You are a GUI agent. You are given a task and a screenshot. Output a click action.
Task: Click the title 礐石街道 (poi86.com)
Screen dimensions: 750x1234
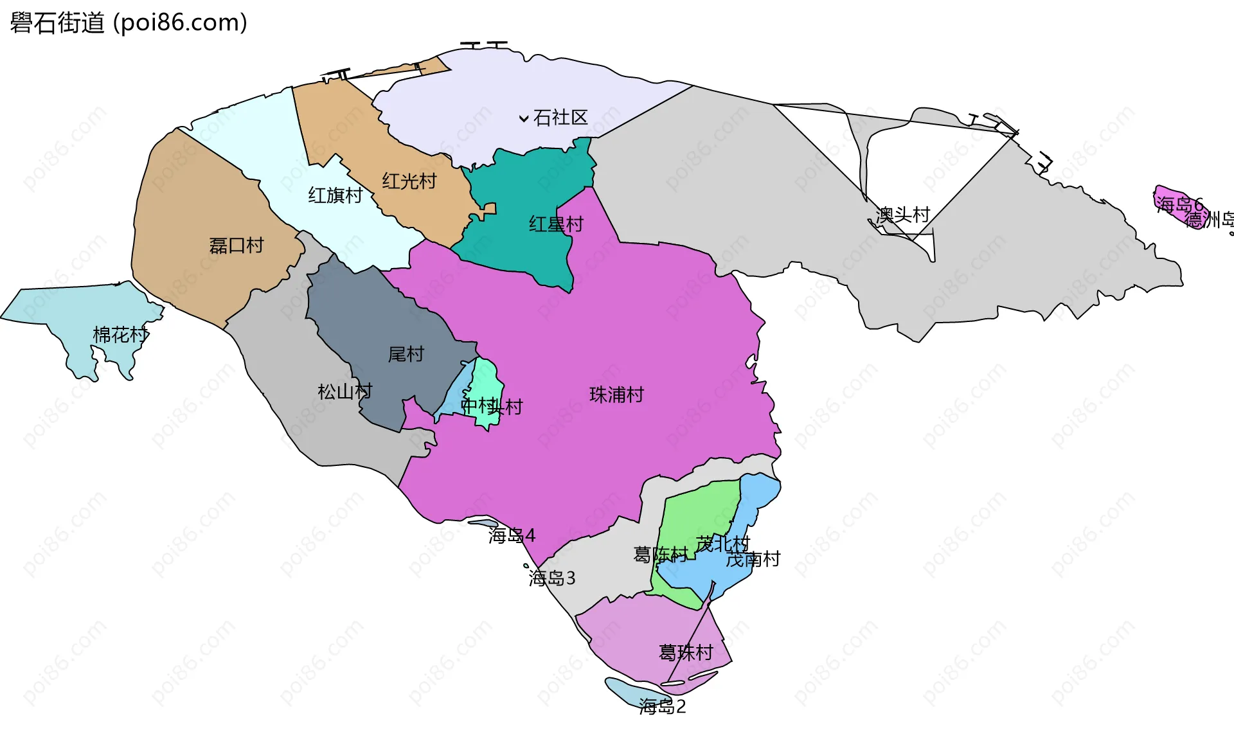(129, 23)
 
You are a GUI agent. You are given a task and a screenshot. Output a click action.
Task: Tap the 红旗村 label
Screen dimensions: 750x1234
(335, 195)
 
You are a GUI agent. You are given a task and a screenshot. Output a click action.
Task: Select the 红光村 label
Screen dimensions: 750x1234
(409, 181)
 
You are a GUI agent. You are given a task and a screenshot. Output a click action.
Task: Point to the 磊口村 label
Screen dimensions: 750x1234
(237, 246)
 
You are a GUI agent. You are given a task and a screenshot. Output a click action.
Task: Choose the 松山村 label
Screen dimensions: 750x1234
(345, 391)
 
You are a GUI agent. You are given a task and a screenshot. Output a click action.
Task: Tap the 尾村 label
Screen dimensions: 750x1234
(406, 354)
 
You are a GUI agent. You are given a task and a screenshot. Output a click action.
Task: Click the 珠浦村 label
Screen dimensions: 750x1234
(616, 395)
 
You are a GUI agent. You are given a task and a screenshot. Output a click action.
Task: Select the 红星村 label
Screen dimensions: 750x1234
(556, 224)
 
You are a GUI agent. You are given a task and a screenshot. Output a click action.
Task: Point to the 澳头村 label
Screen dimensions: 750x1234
(903, 215)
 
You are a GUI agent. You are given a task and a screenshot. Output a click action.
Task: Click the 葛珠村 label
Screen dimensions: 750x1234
(686, 653)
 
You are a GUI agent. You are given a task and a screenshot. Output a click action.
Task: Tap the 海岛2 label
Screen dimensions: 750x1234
(663, 707)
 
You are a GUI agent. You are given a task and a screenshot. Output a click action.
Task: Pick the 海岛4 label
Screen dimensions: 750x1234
(512, 535)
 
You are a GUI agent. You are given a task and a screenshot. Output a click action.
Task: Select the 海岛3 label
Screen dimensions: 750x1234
(552, 578)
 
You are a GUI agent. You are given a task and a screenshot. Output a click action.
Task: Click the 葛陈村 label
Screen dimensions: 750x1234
(660, 554)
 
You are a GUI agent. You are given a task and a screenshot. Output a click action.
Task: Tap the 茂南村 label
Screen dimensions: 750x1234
(753, 559)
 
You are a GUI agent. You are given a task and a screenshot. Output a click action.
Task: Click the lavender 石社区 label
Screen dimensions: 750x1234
(560, 118)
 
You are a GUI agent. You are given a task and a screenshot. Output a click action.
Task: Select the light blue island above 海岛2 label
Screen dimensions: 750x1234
(627, 691)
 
